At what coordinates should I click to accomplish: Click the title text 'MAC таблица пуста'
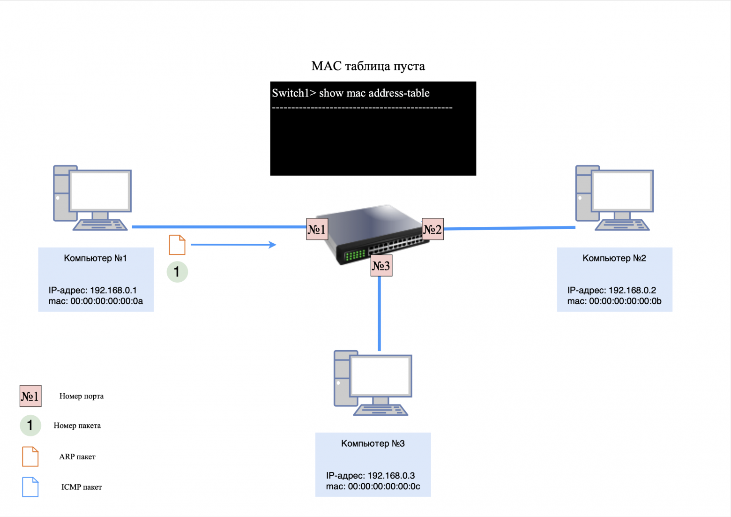[x=368, y=66]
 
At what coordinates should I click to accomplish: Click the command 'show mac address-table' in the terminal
[x=374, y=93]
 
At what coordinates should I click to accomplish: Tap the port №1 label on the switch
[x=317, y=229]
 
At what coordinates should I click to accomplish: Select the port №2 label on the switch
[x=433, y=229]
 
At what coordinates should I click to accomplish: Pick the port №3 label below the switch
[x=381, y=266]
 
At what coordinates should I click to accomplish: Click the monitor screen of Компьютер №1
[x=100, y=191]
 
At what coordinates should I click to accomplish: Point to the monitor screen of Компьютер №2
[x=622, y=191]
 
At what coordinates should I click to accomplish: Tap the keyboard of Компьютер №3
[x=380, y=411]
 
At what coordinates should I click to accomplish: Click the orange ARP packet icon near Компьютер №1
[x=177, y=245]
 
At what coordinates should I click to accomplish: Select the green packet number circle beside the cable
[x=177, y=272]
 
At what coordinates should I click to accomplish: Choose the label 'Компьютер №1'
[x=96, y=258]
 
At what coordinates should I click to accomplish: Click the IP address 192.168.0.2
[x=632, y=291]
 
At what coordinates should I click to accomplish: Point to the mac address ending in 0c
[x=384, y=487]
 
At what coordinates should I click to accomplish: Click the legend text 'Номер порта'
[x=82, y=396]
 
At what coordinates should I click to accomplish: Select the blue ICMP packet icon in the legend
[x=30, y=487]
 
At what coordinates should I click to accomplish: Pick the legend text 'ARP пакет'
[x=77, y=457]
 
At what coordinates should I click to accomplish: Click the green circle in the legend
[x=30, y=426]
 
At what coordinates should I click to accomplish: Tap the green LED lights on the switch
[x=355, y=255]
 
